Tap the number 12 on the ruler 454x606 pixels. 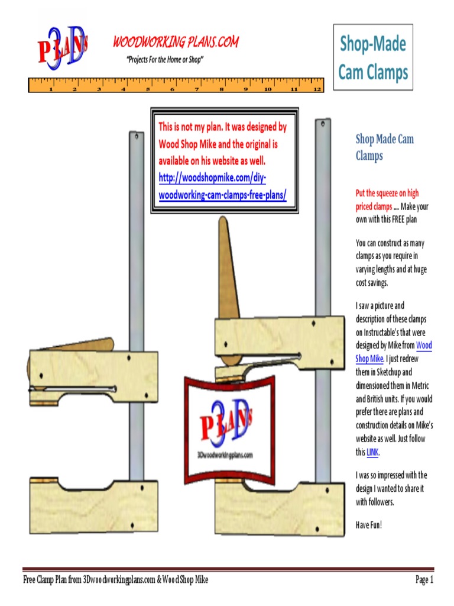317,90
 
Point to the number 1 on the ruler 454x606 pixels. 51,90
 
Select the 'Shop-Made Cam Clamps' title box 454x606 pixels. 373,57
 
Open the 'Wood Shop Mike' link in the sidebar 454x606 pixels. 424,346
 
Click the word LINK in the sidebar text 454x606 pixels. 372,453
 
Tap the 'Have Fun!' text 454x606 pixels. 369,524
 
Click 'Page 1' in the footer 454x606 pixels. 424,580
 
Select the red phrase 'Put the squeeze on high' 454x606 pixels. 387,194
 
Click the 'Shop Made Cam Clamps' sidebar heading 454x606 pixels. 384,147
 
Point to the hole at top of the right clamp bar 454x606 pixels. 322,124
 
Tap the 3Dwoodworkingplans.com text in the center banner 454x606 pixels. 225,454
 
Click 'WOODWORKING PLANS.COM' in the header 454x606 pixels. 176,43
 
